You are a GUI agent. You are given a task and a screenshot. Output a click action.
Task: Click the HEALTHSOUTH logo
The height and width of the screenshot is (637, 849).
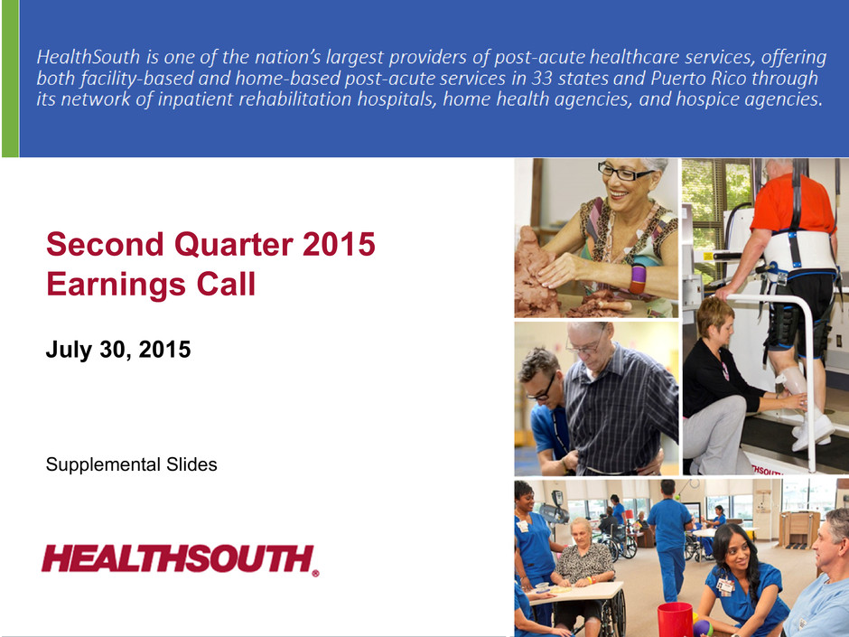pos(180,559)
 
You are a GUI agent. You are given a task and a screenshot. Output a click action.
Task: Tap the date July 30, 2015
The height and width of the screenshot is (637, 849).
pos(118,350)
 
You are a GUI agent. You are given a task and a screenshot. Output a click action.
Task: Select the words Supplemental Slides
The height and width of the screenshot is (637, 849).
pos(131,464)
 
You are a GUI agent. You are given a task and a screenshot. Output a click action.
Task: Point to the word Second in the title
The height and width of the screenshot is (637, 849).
pos(105,244)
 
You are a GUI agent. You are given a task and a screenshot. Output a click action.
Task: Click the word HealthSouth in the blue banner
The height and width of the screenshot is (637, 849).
pos(89,57)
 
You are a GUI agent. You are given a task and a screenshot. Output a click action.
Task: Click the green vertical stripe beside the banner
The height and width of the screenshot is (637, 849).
pos(10,79)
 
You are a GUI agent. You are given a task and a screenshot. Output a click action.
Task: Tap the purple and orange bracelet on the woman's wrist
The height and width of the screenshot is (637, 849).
pos(638,278)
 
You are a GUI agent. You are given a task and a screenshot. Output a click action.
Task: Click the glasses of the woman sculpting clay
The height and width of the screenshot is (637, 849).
pos(626,173)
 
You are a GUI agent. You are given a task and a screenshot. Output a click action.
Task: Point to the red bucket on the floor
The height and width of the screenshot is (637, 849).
pos(675,620)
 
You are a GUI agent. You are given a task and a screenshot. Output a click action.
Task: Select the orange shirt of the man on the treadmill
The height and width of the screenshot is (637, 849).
pos(791,203)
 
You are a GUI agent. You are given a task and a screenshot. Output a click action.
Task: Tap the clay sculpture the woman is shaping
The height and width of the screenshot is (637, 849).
pos(537,274)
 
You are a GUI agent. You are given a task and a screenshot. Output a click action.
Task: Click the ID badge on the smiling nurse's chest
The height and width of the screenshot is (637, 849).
pos(724,586)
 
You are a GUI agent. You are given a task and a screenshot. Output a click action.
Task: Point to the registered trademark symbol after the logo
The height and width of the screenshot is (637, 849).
pos(315,573)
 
